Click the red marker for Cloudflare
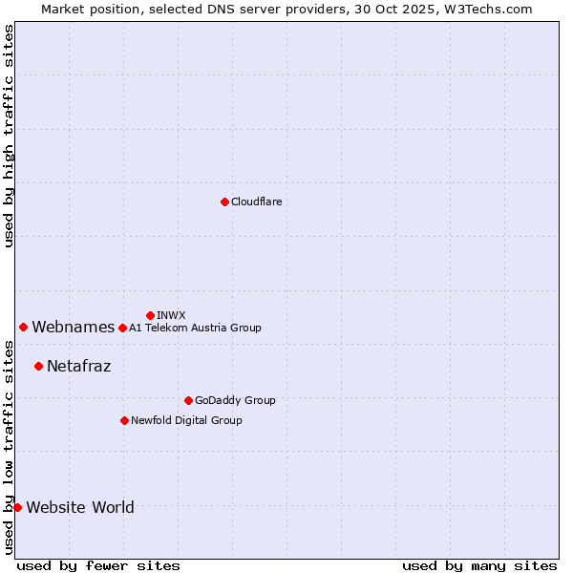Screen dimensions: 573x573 224,202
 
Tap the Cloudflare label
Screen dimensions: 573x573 256,202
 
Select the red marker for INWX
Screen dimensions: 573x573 150,315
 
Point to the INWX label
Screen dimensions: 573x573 171,315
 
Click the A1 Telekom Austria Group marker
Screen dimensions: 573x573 122,328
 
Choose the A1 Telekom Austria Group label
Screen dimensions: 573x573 195,328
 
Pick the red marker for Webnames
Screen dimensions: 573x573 23,327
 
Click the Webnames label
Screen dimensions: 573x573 73,328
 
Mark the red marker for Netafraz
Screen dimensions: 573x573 38,366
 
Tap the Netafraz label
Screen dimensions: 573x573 78,366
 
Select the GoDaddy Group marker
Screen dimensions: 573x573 188,400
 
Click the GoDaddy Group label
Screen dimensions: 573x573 235,400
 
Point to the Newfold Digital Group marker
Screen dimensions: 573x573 124,420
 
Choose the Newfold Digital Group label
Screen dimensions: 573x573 186,420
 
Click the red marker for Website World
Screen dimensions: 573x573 17,507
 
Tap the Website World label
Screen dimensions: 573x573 80,507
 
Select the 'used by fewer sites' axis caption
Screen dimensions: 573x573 98,565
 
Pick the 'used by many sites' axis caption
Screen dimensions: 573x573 479,565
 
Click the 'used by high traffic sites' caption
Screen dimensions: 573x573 9,136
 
